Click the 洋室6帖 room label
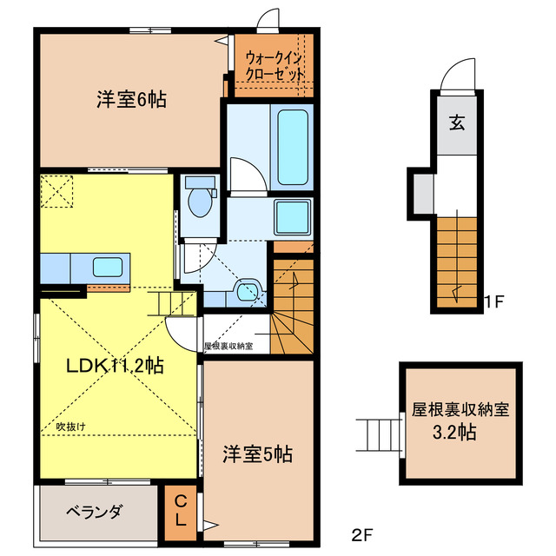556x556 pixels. click(131, 100)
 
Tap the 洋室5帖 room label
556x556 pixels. click(257, 454)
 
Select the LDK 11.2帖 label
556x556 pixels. click(116, 365)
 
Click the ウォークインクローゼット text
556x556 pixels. click(275, 66)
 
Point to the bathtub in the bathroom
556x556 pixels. click(293, 147)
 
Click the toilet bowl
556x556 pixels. click(200, 202)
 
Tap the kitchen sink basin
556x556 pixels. click(108, 267)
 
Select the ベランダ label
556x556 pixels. click(95, 512)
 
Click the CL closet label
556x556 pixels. click(181, 511)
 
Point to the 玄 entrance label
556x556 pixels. click(457, 122)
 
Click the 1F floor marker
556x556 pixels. click(493, 301)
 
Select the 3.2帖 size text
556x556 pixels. click(454, 432)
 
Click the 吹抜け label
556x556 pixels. click(71, 427)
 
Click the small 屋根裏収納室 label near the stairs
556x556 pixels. click(228, 346)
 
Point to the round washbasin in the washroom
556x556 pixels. click(247, 292)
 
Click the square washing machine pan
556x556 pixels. click(293, 217)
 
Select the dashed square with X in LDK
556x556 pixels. click(56, 191)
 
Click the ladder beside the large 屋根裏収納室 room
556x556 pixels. click(378, 435)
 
